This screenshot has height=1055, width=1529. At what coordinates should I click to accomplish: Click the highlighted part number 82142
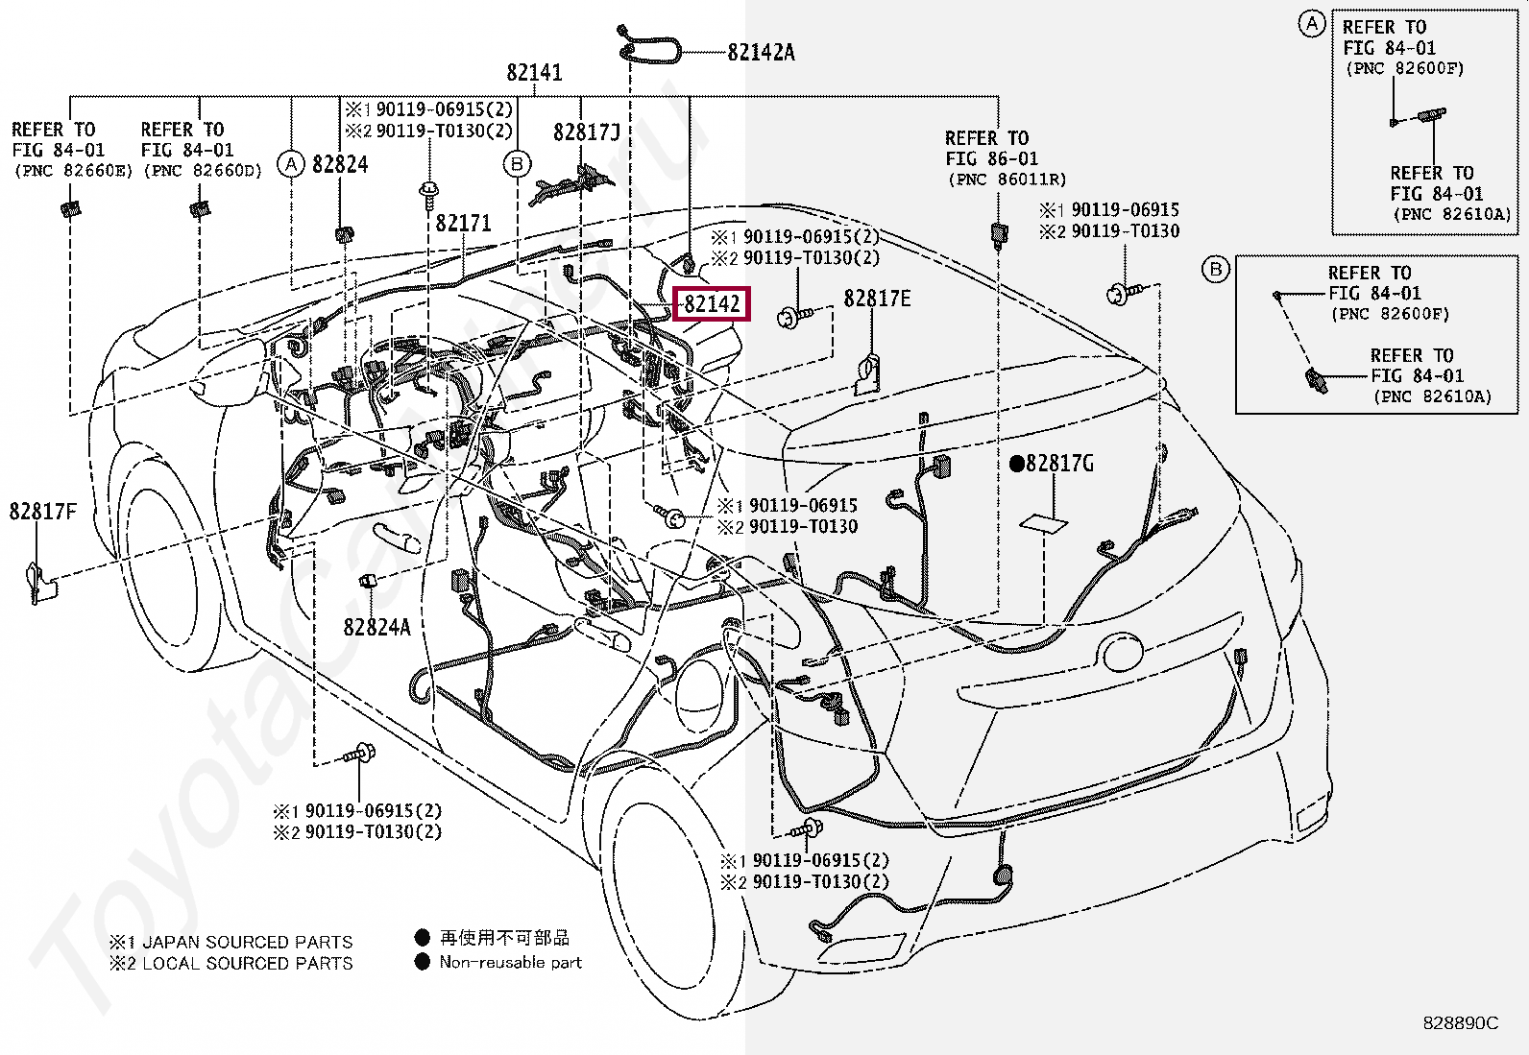tap(712, 304)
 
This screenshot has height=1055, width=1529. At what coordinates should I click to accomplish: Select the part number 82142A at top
tap(761, 52)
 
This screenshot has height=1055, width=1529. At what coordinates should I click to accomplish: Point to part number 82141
tap(535, 73)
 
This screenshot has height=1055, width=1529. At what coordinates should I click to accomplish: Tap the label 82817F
tap(43, 512)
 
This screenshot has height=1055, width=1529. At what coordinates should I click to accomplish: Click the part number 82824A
tap(376, 627)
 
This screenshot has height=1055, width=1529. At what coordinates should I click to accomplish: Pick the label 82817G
tap(1059, 464)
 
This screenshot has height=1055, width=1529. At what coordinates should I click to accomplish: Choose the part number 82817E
tap(877, 300)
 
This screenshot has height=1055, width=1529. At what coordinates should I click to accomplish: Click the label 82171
tap(463, 224)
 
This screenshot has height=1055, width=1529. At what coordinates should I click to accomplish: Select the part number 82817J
tap(586, 133)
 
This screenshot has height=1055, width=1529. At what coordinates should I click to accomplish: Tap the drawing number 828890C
tap(1460, 1023)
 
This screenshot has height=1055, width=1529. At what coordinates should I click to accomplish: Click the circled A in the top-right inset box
tap(1312, 24)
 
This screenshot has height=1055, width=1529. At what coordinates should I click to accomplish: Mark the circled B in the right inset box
tap(1216, 270)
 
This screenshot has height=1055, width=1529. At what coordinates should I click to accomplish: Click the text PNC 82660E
tap(72, 172)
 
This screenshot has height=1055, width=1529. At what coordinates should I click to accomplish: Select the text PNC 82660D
tap(203, 172)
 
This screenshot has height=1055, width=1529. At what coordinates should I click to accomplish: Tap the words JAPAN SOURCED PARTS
tap(247, 942)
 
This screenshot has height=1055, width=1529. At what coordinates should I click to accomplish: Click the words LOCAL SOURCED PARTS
tap(247, 963)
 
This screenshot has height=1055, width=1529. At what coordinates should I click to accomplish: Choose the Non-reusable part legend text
tap(510, 961)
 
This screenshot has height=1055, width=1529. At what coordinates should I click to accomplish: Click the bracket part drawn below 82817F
tap(39, 582)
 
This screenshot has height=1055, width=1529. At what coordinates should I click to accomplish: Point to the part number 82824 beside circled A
tap(340, 165)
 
